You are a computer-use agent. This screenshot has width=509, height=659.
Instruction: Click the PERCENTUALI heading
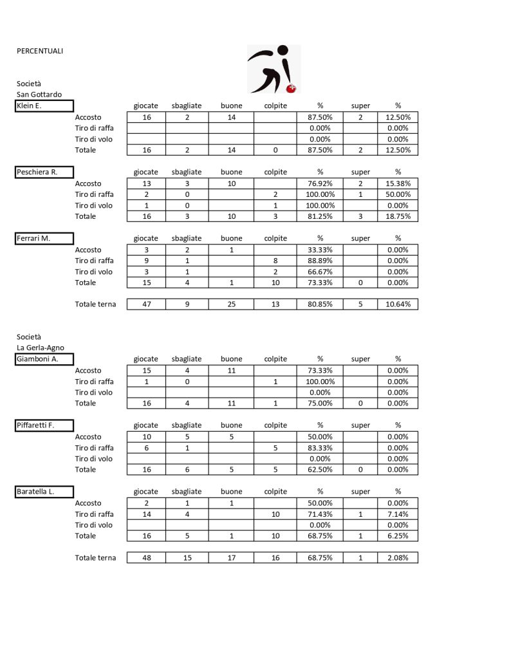point(40,51)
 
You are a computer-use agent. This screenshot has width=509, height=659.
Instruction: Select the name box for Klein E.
point(44,106)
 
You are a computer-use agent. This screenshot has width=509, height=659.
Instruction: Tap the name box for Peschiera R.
point(44,172)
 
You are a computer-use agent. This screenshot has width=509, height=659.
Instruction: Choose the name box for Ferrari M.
point(44,238)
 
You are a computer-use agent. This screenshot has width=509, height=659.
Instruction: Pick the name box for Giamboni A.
point(44,359)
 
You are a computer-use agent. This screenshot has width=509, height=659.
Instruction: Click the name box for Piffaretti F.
point(44,425)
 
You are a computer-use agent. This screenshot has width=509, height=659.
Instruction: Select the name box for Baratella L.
point(44,492)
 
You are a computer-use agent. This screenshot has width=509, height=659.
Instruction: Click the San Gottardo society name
point(39,95)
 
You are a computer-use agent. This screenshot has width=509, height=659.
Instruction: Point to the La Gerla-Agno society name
point(41,348)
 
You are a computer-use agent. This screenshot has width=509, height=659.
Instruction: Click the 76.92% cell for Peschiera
point(320,183)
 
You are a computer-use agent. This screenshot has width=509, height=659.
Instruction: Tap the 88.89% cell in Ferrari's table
point(320,261)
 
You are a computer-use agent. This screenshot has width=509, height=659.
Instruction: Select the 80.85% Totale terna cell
point(320,304)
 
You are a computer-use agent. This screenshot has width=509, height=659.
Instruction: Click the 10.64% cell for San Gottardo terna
point(398,304)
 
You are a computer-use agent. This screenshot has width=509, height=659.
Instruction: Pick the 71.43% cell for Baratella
point(320,514)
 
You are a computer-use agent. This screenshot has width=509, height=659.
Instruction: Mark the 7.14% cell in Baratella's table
point(398,514)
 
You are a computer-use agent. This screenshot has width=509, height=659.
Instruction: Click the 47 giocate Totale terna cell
point(146,304)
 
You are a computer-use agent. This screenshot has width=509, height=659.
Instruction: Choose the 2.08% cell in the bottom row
point(398,558)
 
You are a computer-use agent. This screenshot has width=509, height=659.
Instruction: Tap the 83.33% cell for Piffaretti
point(320,448)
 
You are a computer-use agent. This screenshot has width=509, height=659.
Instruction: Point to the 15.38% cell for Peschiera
point(398,183)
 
